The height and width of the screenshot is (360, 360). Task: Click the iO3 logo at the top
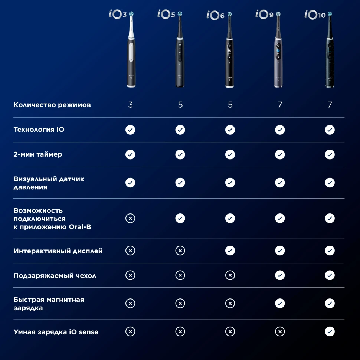118,14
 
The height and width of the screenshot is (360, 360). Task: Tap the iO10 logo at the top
315,14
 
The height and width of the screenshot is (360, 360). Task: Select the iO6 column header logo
216,15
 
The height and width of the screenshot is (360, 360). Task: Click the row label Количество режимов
52,105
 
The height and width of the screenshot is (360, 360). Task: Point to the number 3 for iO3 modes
130,105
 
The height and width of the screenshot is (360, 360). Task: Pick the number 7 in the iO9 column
280,105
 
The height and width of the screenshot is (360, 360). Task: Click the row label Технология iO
39,130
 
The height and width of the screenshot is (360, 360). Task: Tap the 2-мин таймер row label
38,154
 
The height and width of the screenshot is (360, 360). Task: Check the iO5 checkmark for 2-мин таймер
180,154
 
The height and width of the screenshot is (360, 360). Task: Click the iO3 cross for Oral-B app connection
130,218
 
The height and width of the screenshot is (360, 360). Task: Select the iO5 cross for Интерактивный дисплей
180,251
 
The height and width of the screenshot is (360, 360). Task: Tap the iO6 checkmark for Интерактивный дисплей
230,251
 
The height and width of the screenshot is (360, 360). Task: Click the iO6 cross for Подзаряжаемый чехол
230,275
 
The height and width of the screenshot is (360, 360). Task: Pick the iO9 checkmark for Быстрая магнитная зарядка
280,303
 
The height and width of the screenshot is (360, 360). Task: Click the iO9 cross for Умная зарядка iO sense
280,331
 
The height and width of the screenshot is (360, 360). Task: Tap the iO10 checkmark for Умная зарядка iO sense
330,331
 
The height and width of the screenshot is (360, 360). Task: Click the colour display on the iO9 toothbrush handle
278,51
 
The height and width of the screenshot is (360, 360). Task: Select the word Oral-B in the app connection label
80,227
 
